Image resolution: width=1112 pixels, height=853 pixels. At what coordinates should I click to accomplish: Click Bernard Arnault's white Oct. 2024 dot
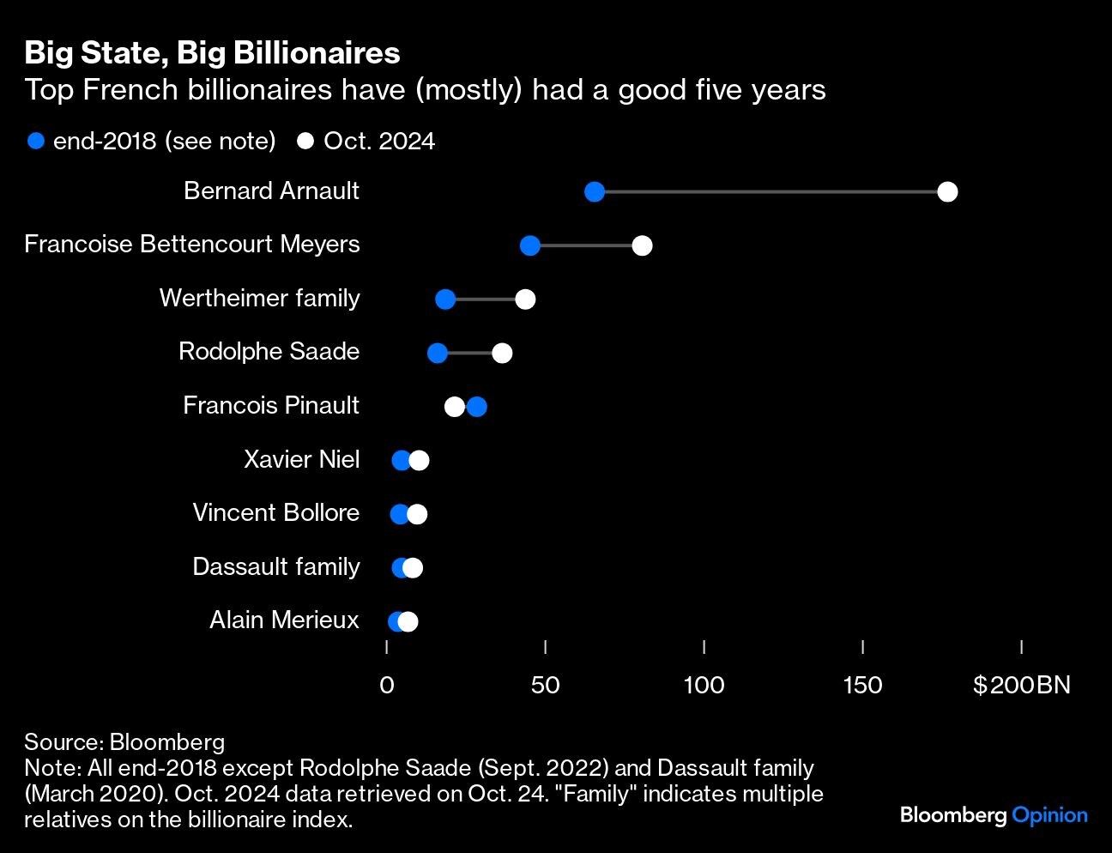click(x=947, y=191)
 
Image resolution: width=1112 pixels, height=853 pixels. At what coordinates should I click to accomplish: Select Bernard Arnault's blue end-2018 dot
click(x=595, y=191)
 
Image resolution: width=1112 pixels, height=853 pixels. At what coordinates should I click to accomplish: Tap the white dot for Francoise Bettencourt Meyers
click(x=642, y=245)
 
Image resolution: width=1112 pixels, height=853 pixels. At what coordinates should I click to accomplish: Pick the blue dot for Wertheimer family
click(x=445, y=299)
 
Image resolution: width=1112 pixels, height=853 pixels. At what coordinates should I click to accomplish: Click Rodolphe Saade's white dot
click(x=502, y=353)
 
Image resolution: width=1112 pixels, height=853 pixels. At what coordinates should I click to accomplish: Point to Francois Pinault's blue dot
click(x=477, y=407)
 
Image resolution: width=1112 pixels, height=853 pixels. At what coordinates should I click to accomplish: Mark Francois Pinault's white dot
click(x=454, y=407)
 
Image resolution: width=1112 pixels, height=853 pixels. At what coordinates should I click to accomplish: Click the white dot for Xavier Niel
click(x=420, y=461)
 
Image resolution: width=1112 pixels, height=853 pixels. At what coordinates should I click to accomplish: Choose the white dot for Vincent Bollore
click(x=418, y=514)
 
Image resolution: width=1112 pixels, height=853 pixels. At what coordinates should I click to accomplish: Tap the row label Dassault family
click(x=276, y=566)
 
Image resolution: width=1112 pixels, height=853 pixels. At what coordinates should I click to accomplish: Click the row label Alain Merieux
click(x=284, y=620)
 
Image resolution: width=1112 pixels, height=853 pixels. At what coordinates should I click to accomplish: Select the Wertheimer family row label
click(x=259, y=298)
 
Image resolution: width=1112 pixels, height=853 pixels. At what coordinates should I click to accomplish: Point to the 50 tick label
click(x=545, y=685)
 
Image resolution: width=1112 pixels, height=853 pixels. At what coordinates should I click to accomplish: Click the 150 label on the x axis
click(x=862, y=685)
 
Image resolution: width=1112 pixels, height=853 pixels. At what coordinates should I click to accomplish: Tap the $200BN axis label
click(x=1021, y=685)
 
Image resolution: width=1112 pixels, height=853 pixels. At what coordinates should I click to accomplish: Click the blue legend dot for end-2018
click(x=36, y=141)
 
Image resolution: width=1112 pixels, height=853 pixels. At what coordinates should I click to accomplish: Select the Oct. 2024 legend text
click(x=378, y=141)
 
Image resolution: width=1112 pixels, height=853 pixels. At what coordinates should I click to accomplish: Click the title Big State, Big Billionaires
click(x=212, y=53)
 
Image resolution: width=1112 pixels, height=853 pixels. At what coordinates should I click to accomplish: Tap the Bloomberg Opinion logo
click(x=994, y=814)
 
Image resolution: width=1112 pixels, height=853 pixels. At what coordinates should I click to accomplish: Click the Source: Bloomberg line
click(x=124, y=741)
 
